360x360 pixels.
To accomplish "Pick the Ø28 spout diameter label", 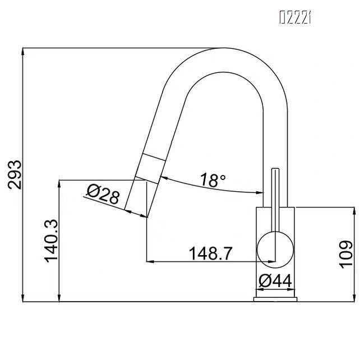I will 103,195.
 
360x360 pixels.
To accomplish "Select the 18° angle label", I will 213,180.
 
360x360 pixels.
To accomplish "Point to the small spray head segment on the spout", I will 150,166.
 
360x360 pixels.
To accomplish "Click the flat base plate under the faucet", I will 275,299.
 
